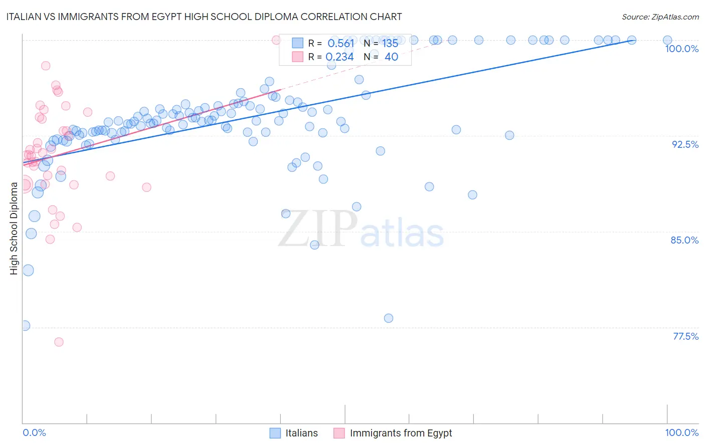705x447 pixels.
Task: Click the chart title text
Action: click(204, 17)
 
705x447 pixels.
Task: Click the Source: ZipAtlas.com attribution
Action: click(660, 17)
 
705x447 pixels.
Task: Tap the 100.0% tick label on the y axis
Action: click(681, 49)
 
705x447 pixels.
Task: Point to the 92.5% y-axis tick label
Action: click(685, 144)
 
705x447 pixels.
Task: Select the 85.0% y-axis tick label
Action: click(684, 240)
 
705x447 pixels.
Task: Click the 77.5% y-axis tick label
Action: click(685, 336)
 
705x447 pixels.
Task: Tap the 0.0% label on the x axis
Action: click(34, 432)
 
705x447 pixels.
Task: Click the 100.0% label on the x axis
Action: click(681, 432)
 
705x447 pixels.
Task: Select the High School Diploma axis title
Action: click(14, 228)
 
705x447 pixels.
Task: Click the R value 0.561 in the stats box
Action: click(341, 43)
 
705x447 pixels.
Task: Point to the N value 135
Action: click(390, 43)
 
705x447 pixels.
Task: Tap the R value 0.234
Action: click(340, 57)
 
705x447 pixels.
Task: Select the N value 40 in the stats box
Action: click(391, 57)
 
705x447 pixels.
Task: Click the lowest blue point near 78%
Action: click(389, 318)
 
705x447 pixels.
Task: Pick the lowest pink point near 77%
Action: click(59, 342)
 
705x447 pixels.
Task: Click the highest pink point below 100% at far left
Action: click(46, 66)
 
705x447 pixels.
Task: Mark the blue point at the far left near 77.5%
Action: click(25, 326)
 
